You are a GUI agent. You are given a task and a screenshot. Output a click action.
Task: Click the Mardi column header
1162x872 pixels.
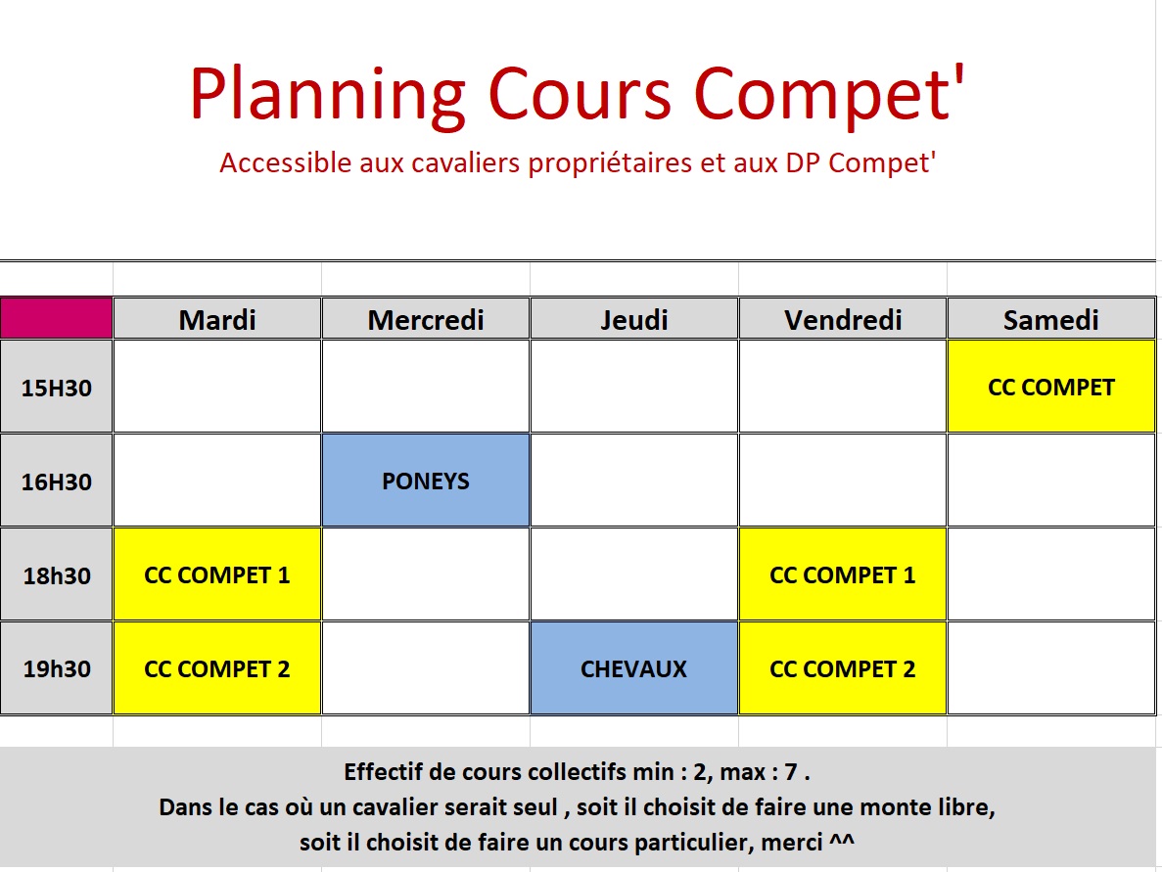click(217, 319)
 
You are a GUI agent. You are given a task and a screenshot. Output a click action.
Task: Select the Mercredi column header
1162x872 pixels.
click(426, 319)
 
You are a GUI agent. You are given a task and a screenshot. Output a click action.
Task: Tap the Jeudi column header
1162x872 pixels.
click(634, 319)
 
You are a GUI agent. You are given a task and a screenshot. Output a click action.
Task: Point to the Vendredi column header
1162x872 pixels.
click(843, 319)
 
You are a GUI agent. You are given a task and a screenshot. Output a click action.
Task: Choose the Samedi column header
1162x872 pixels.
click(1050, 319)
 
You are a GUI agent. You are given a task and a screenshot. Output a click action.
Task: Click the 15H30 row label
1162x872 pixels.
click(57, 387)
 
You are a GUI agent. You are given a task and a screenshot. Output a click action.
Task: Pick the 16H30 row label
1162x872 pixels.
click(57, 481)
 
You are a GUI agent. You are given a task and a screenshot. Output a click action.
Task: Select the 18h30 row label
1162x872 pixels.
click(57, 574)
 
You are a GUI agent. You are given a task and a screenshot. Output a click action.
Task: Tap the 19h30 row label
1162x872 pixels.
click(57, 668)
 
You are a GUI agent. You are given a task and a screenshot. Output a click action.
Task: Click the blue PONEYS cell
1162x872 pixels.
click(426, 481)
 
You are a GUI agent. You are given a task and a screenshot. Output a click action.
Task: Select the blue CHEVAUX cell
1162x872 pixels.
click(634, 668)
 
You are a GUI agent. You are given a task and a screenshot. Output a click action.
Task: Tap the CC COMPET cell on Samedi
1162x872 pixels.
click(1050, 387)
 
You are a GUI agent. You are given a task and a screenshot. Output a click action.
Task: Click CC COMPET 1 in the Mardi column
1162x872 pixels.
click(217, 574)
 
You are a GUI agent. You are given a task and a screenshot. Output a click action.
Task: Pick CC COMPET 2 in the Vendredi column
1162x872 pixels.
click(843, 668)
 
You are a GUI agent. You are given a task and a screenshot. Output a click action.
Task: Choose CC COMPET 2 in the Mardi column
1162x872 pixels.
click(217, 668)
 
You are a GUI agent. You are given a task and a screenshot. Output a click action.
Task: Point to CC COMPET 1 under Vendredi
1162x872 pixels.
click(843, 574)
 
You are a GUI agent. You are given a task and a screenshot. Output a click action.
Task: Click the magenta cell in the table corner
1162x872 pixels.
click(57, 319)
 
